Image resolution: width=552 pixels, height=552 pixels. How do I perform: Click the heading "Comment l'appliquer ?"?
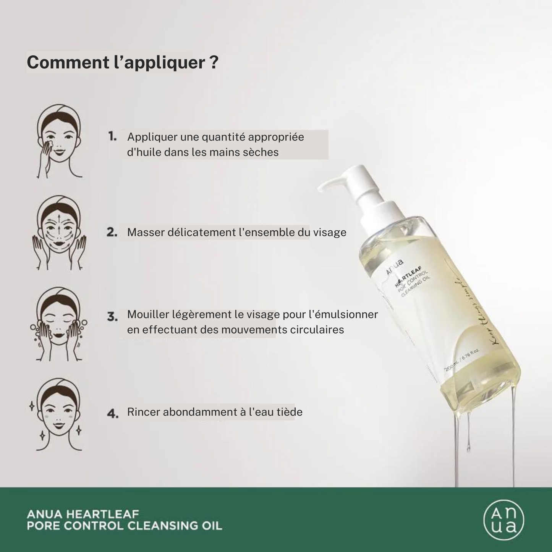pyautogui.click(x=122, y=63)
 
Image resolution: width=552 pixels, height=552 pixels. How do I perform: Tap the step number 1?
pyautogui.click(x=112, y=136)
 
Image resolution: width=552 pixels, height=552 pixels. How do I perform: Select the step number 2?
pyautogui.click(x=112, y=232)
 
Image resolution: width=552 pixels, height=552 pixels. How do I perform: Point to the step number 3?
pyautogui.click(x=112, y=317)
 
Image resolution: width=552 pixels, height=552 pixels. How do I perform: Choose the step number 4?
pyautogui.click(x=112, y=413)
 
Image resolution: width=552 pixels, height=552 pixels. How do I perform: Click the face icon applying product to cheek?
pyautogui.click(x=59, y=141)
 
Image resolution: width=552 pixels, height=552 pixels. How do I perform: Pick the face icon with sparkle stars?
pyautogui.click(x=59, y=414)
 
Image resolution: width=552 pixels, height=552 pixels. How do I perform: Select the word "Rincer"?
pyautogui.click(x=144, y=412)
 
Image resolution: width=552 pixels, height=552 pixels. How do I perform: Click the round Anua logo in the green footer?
pyautogui.click(x=503, y=520)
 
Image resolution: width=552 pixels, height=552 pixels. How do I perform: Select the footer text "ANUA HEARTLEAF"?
pyautogui.click(x=83, y=514)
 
